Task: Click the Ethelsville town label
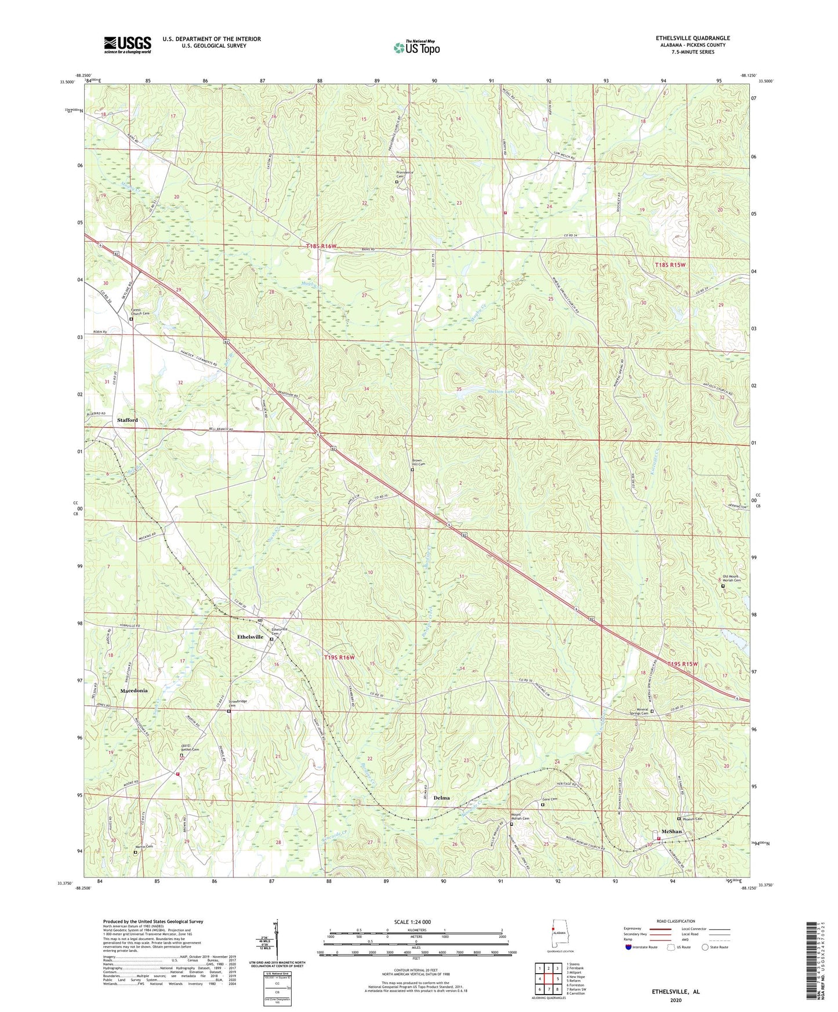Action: (250, 636)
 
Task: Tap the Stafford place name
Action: (128, 420)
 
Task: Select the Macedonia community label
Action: (134, 691)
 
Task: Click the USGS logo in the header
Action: (128, 44)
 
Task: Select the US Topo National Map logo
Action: (416, 48)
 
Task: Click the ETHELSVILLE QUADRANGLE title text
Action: (693, 38)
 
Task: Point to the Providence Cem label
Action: (404, 174)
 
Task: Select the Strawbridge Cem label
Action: (240, 703)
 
